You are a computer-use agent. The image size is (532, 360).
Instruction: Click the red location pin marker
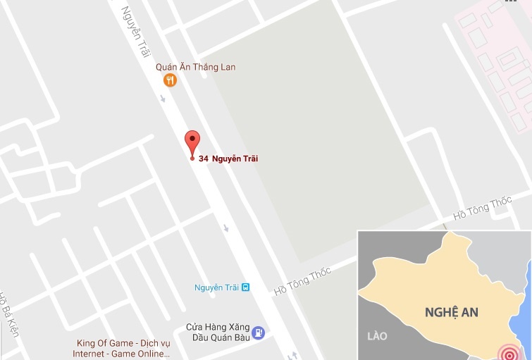(x=192, y=143)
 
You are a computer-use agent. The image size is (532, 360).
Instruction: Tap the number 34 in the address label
(x=203, y=159)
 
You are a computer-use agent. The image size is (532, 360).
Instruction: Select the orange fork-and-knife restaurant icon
(x=169, y=80)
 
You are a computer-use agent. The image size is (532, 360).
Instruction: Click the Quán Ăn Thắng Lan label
(x=195, y=67)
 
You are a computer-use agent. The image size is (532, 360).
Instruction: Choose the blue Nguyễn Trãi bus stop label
(x=216, y=287)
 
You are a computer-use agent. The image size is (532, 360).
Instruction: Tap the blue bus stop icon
(x=245, y=287)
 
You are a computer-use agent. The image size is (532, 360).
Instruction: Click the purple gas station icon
(x=259, y=332)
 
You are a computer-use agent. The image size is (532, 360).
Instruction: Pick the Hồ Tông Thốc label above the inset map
(x=483, y=209)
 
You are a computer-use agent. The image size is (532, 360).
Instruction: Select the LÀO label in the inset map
(x=377, y=336)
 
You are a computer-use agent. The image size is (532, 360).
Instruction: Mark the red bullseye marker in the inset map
(x=508, y=352)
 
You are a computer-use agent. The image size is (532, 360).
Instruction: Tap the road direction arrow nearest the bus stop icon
(x=226, y=228)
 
